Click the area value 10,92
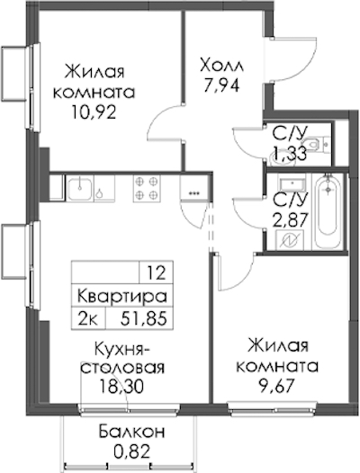pos(94,112)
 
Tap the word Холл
pos(221,66)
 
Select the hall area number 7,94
pos(221,85)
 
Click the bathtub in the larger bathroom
pos(328,210)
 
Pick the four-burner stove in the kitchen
pos(147,188)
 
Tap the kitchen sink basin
pos(80,188)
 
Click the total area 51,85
pos(143,319)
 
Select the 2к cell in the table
pos(87,319)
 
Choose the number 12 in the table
pos(157,273)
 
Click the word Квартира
pos(122,297)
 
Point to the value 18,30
pos(122,387)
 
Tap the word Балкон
pos(131,432)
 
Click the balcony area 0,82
pos(131,451)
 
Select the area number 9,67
pos(277,386)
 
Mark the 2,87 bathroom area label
pos(290,219)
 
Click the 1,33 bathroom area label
pos(289,154)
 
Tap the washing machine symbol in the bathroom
pos(290,240)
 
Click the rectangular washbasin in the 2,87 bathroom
pos(292,183)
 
